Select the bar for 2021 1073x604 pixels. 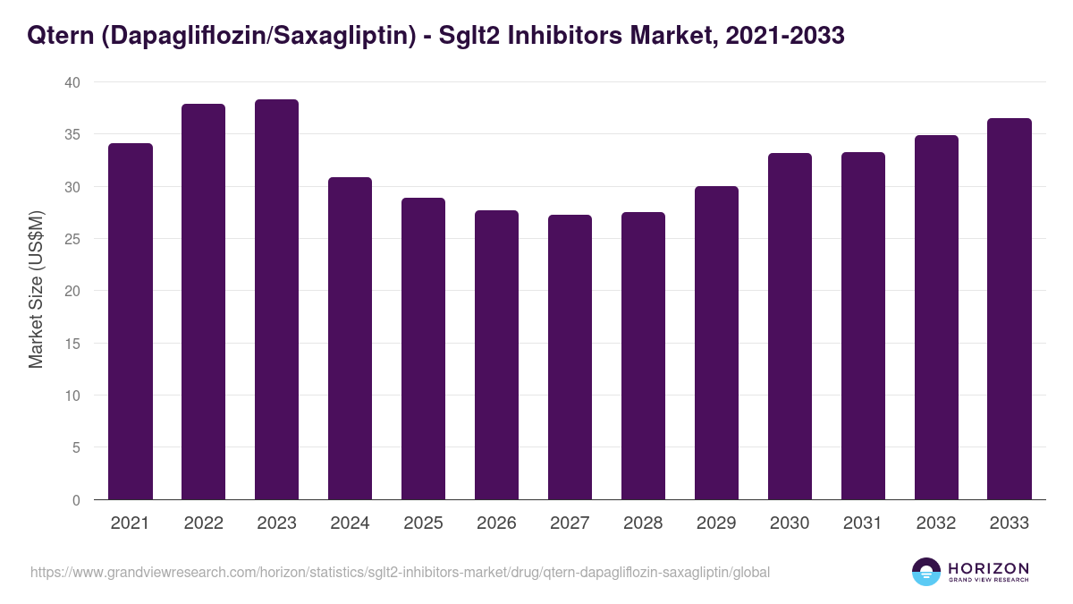tap(131, 321)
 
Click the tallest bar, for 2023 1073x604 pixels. tap(276, 300)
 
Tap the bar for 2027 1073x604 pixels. tap(570, 357)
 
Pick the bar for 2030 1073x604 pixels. tap(790, 327)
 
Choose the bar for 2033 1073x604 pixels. tap(1010, 309)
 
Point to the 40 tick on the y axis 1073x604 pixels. tap(72, 82)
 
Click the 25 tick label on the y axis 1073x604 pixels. tap(72, 239)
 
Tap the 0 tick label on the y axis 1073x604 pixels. tap(76, 500)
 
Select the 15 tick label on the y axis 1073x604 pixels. tap(72, 344)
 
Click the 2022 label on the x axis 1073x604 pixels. tap(203, 523)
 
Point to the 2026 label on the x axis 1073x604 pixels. tap(496, 523)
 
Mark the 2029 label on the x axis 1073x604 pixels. tap(716, 523)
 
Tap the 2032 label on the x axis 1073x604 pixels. tap(936, 523)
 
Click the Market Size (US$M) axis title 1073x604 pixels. tap(36, 290)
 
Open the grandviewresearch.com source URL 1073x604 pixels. tap(400, 572)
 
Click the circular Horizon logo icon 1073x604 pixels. tap(926, 572)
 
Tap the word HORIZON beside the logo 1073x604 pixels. tap(988, 568)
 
